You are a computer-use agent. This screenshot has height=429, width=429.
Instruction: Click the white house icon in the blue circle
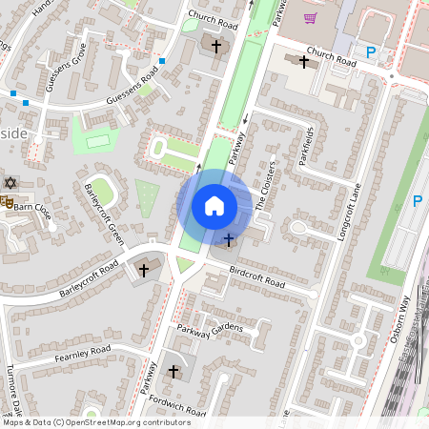214,205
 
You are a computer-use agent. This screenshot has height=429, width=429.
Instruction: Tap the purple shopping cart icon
310,17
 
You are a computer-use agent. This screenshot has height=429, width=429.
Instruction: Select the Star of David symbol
11,181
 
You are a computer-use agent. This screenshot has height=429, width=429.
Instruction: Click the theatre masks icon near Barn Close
6,203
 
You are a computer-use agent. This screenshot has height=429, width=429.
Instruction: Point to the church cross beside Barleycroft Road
144,271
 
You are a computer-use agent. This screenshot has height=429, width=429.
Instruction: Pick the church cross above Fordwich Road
174,370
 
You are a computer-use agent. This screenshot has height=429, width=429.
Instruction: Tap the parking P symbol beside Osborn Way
417,201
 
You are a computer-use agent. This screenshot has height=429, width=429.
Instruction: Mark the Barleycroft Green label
104,214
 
